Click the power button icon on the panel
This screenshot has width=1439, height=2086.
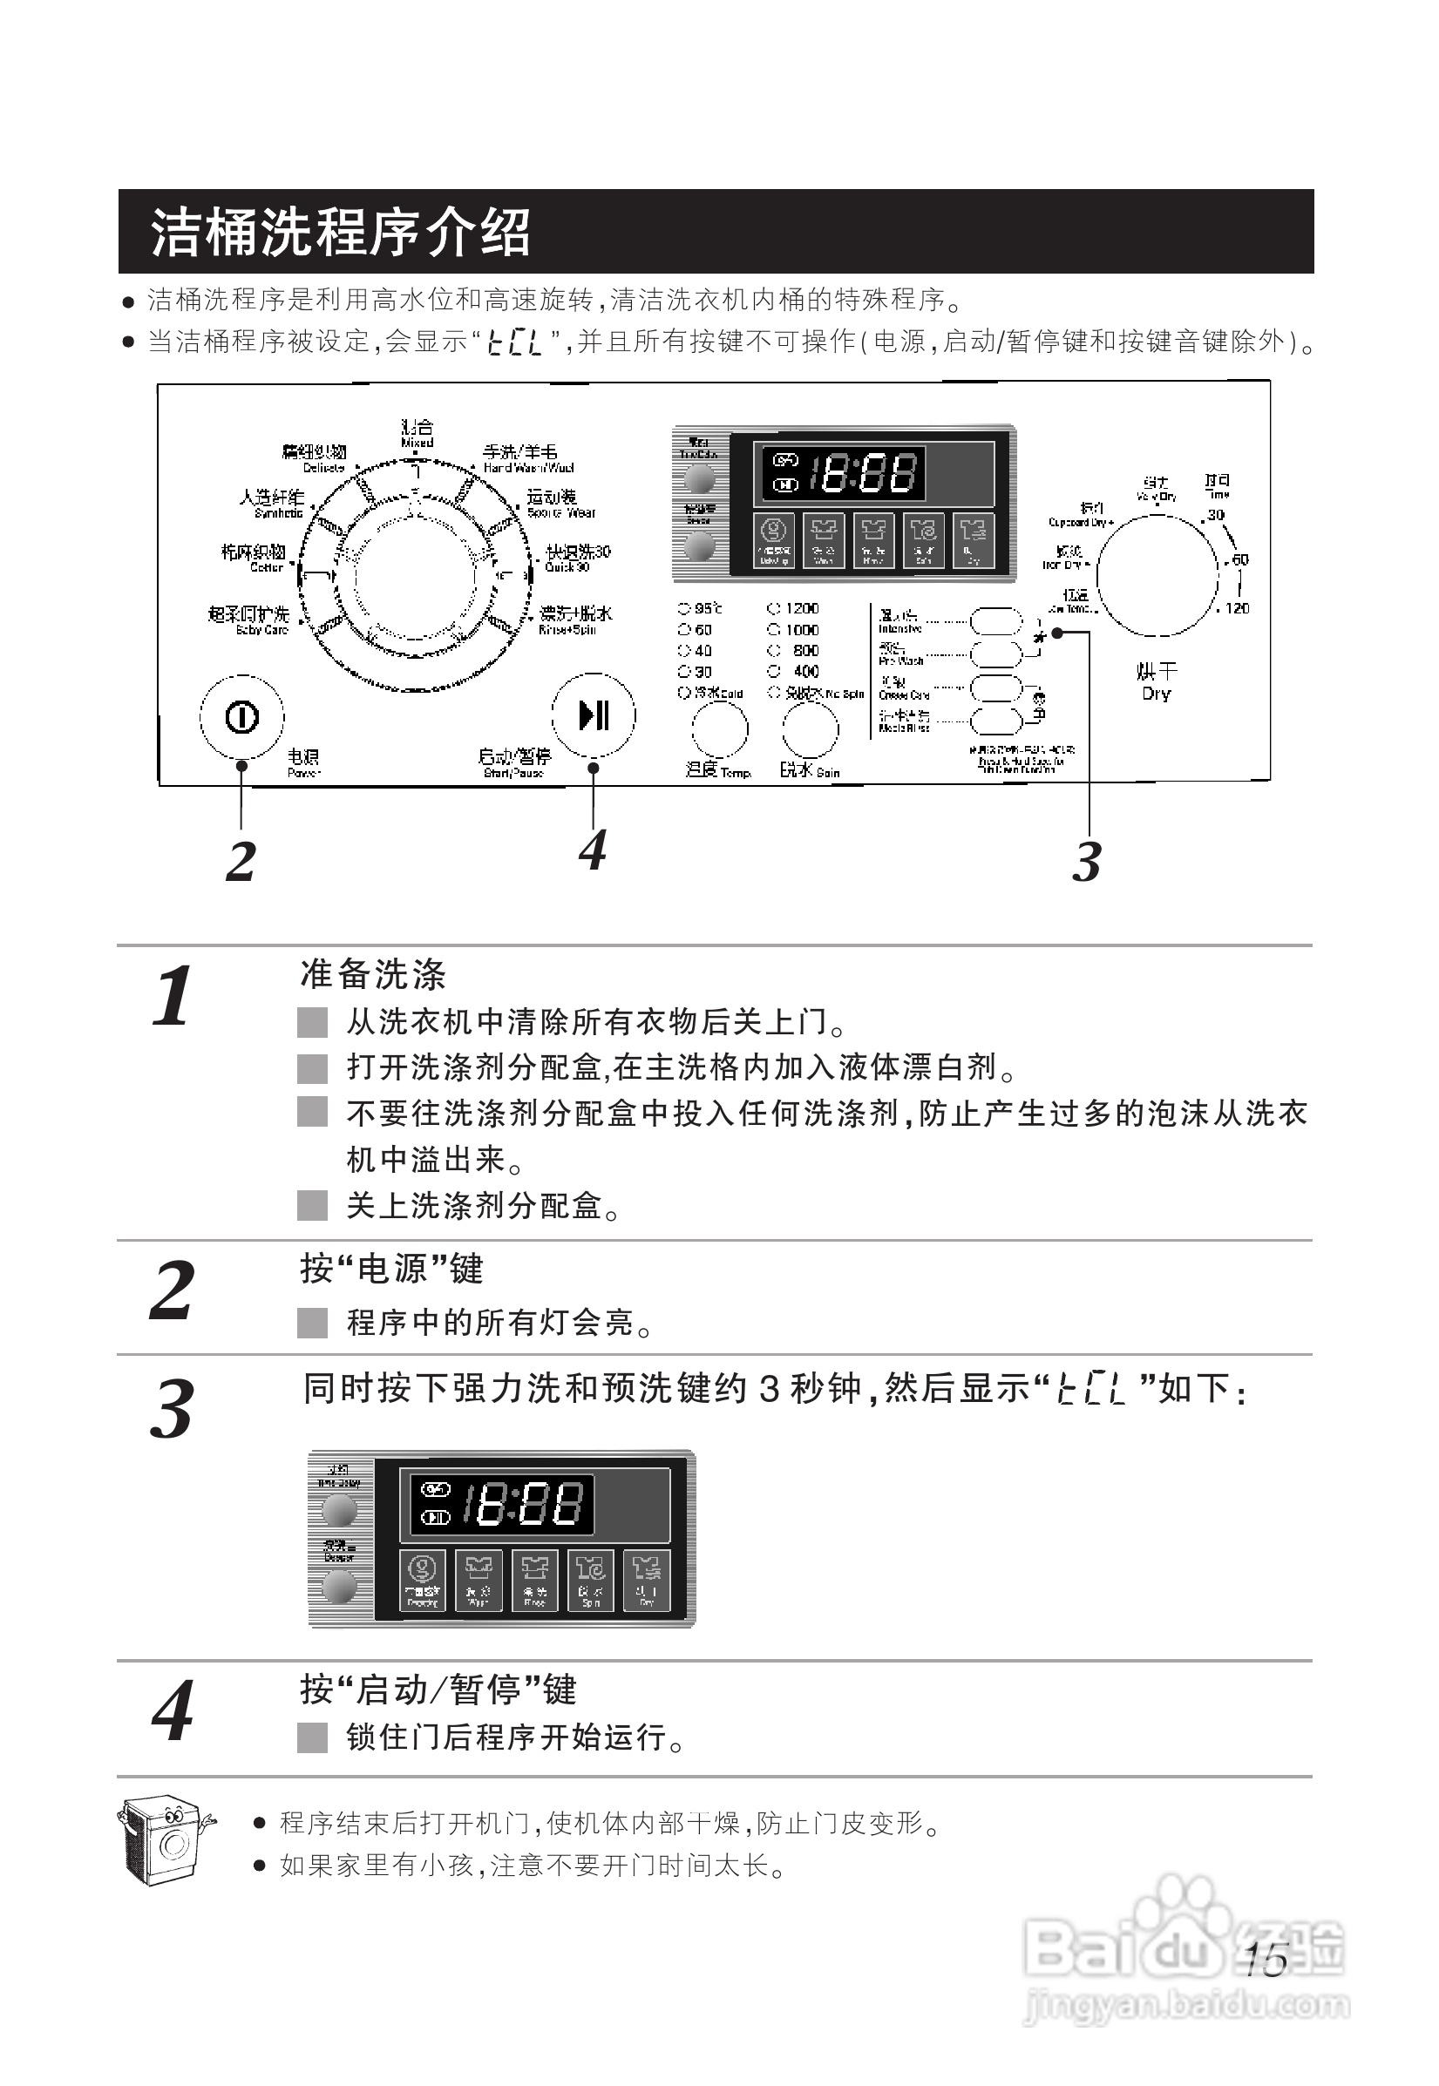click(x=241, y=718)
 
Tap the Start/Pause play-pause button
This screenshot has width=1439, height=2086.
click(x=594, y=715)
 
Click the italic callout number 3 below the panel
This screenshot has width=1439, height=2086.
click(x=1087, y=862)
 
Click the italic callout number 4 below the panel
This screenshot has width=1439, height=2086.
click(x=593, y=850)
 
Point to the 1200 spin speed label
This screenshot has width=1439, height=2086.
click(x=801, y=608)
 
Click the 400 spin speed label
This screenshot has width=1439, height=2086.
click(x=805, y=672)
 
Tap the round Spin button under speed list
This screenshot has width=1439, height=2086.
click(x=810, y=728)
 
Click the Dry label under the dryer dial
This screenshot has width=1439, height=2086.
click(x=1156, y=694)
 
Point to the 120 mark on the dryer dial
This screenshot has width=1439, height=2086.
click(x=1237, y=608)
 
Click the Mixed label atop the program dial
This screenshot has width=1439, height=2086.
click(x=417, y=433)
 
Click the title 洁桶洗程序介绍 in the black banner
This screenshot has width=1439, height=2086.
click(x=340, y=232)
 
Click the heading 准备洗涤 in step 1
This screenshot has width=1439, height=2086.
click(x=373, y=974)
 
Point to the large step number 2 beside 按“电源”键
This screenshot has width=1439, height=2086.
click(x=172, y=1291)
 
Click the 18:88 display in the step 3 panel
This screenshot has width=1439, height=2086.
click(x=522, y=1504)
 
